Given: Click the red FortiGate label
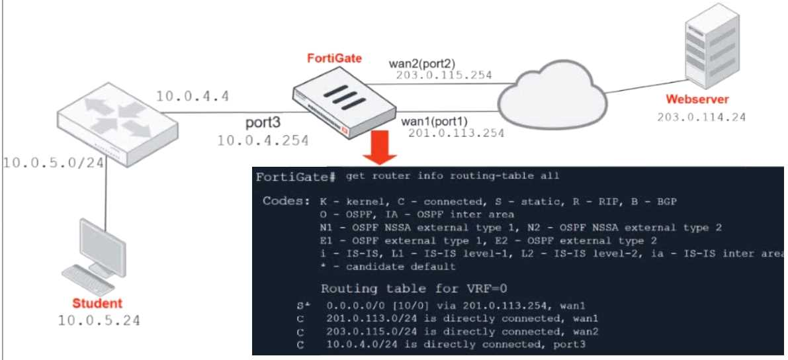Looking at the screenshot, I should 334,58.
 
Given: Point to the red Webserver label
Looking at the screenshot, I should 697,100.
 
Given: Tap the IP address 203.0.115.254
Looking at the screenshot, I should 444,75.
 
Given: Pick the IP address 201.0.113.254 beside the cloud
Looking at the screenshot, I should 457,133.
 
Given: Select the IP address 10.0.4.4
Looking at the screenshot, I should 193,96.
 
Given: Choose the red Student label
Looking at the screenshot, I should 98,304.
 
